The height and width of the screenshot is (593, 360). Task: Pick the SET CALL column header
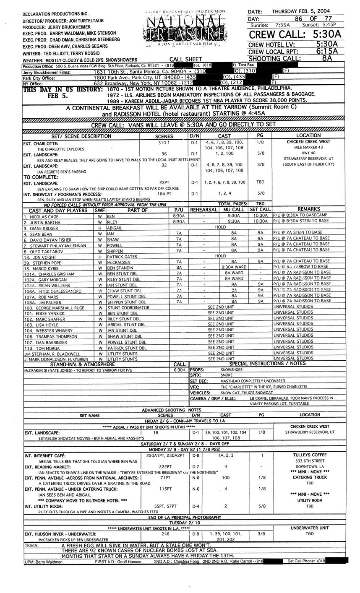(x=260, y=209)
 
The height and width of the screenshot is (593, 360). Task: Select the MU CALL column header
(x=234, y=209)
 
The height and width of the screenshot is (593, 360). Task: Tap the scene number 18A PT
(x=163, y=194)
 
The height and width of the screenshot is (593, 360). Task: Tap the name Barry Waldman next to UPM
(x=49, y=562)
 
